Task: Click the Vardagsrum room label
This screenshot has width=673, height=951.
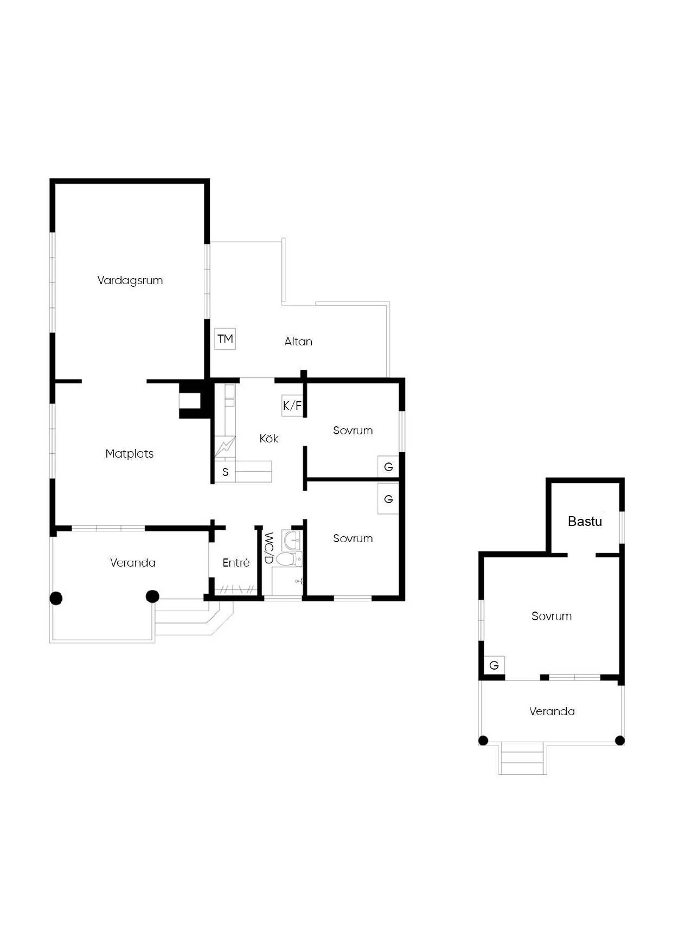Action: click(130, 280)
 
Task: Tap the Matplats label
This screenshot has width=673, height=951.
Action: click(130, 454)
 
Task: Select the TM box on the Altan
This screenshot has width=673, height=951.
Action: click(225, 339)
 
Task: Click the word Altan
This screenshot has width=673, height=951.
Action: click(298, 342)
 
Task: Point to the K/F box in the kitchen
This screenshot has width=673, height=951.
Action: click(292, 405)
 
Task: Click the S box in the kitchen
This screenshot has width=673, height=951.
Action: click(225, 472)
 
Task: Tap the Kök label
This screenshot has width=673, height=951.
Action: click(269, 439)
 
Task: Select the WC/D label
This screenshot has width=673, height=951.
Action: click(268, 548)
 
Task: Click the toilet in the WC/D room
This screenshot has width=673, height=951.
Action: click(286, 559)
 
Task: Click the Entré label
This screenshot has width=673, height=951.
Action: click(236, 563)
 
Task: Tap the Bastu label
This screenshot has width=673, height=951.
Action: click(585, 522)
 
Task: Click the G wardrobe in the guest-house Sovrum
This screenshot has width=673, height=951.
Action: click(494, 665)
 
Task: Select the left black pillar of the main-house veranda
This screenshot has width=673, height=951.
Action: click(56, 598)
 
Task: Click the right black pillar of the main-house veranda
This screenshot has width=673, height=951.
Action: click(152, 596)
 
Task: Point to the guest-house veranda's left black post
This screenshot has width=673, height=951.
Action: click(483, 741)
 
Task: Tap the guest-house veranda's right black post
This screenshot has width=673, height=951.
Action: click(620, 741)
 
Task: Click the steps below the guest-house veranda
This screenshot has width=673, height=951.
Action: click(522, 759)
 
